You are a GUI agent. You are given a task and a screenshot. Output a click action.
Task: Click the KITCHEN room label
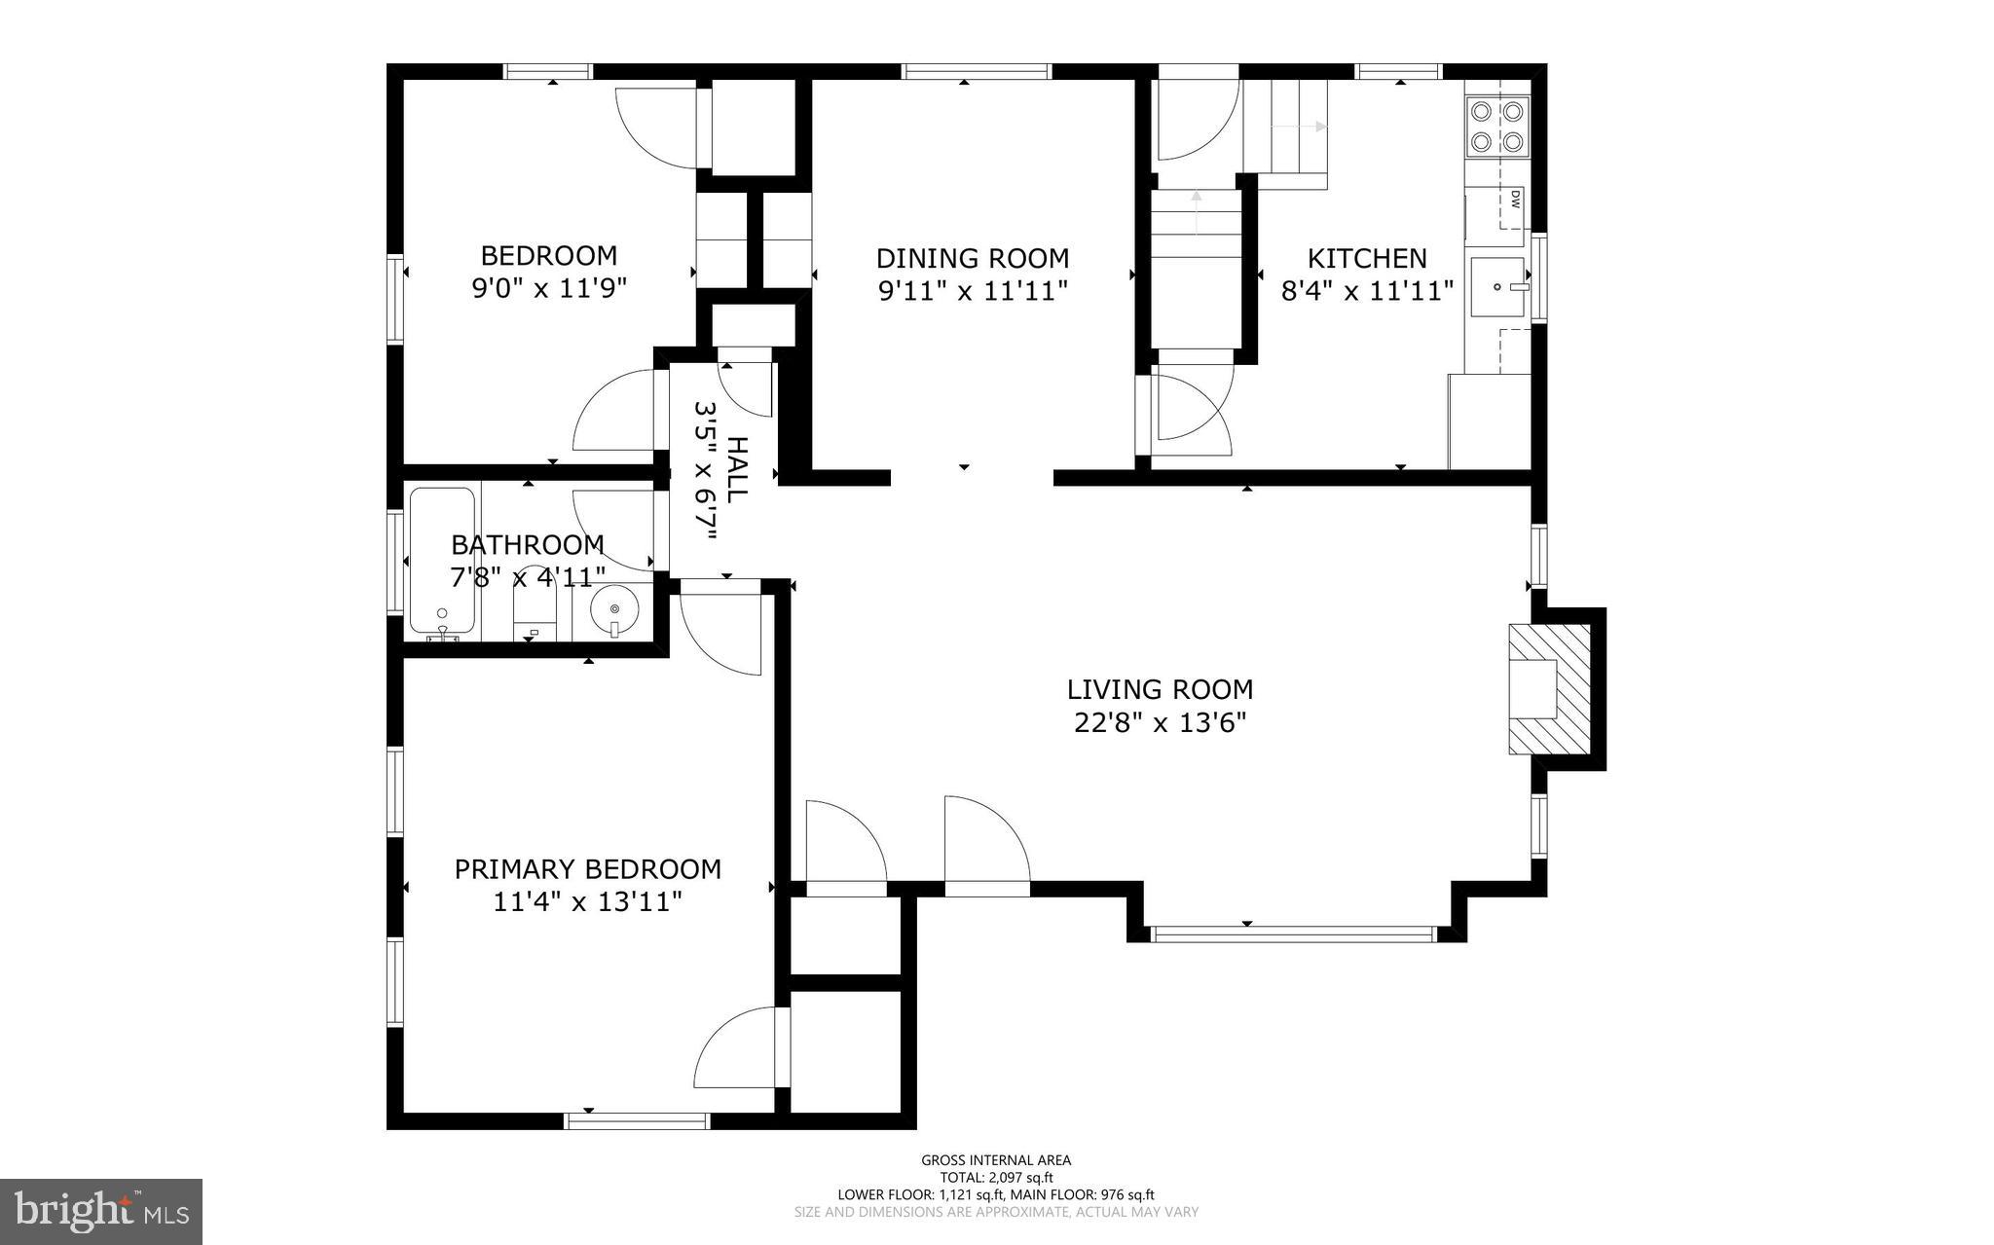[1366, 258]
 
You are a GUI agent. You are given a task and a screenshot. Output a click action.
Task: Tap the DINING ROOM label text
[972, 258]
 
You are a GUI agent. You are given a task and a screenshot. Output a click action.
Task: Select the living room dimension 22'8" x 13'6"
[1160, 722]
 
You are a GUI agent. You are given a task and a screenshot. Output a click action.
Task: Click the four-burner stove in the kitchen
[1496, 127]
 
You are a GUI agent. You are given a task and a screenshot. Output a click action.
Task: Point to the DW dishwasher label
[1516, 200]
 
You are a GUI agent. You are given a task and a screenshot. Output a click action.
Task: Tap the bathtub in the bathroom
[442, 561]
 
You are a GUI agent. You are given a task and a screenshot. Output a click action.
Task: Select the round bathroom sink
[614, 608]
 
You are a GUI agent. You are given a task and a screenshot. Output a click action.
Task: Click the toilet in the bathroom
[534, 618]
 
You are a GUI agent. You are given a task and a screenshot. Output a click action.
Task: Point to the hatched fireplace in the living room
[1549, 688]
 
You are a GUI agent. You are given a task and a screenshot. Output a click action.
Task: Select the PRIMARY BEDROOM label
[587, 868]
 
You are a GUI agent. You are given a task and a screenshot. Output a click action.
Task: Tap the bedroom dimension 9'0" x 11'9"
[548, 288]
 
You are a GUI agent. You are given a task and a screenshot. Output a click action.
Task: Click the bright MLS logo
[101, 1211]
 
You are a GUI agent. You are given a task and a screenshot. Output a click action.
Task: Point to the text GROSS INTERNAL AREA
[996, 1159]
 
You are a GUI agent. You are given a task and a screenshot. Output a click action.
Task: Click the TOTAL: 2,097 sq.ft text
[996, 1177]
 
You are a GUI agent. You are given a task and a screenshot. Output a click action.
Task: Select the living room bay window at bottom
[1294, 934]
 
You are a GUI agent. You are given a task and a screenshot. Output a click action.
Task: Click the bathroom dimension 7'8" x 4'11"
[527, 577]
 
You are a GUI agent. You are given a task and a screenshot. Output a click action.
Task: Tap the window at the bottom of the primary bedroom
[638, 1121]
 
